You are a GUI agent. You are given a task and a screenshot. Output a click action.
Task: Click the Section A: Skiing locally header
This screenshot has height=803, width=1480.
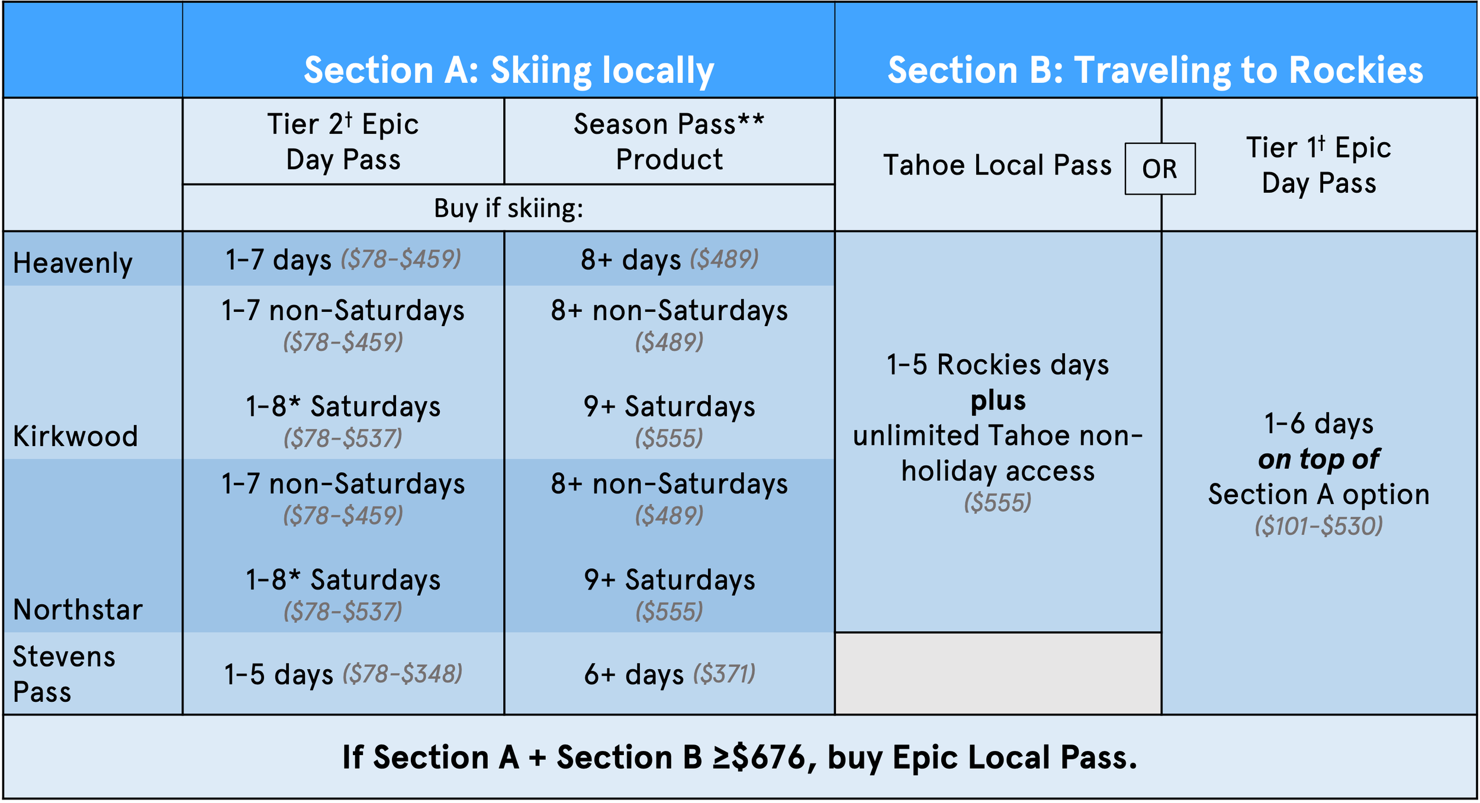point(509,70)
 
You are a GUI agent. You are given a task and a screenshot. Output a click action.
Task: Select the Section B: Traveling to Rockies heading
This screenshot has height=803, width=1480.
point(1155,70)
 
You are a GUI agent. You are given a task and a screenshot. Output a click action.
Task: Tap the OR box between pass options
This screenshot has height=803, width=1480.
point(1160,169)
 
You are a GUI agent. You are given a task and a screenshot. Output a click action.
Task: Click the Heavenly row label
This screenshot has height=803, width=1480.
point(73,263)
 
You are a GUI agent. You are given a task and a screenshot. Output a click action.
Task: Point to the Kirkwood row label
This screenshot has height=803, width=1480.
point(75,436)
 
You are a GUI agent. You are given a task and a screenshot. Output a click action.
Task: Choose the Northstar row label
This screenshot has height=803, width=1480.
point(78,609)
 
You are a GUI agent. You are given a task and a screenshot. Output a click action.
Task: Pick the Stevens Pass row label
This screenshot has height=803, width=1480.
point(64,674)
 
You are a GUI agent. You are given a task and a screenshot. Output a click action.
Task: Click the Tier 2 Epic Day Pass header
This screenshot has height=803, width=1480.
point(343,142)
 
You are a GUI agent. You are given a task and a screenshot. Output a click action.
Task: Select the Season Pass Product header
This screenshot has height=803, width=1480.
point(669,142)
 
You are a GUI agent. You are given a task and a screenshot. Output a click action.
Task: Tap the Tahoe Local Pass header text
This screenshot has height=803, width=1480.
point(998,165)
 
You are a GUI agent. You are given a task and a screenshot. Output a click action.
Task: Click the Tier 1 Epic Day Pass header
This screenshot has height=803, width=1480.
point(1319,165)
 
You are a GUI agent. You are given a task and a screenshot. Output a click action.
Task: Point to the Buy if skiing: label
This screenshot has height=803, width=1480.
point(509,208)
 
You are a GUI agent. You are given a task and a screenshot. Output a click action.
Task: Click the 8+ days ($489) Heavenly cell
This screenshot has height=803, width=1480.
point(670,260)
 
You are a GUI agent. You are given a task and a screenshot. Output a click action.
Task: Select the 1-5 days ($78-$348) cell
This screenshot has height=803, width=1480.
point(343,674)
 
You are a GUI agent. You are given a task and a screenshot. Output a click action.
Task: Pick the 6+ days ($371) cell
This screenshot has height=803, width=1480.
point(670,674)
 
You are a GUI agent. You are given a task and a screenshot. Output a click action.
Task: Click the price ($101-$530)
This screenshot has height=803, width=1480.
point(1319,526)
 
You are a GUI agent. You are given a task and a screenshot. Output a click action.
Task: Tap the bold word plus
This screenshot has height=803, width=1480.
point(998,401)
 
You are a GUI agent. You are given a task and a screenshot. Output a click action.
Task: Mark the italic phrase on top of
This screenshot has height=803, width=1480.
point(1319,459)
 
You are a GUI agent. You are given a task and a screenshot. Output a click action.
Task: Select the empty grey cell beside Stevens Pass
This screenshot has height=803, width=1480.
point(998,673)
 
